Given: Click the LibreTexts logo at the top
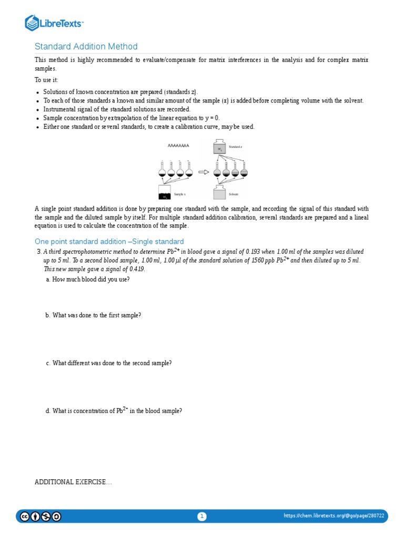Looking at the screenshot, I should (54, 23).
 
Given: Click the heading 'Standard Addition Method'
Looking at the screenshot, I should (86, 47).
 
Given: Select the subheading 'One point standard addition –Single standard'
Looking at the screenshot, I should (109, 241).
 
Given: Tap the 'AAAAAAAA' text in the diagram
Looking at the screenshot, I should (178, 145).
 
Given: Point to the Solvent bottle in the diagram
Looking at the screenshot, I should (220, 193).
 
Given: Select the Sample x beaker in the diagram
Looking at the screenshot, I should (165, 193).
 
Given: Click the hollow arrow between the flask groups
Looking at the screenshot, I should (203, 172).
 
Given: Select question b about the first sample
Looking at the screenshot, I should (93, 315).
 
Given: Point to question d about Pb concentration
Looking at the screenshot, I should (114, 411).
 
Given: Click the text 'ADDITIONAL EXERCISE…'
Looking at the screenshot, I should (73, 482).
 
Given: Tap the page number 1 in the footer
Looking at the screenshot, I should (202, 516).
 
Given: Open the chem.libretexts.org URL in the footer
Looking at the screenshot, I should (334, 516).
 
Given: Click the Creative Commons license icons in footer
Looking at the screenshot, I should (41, 516).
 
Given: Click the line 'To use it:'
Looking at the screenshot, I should (46, 79).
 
